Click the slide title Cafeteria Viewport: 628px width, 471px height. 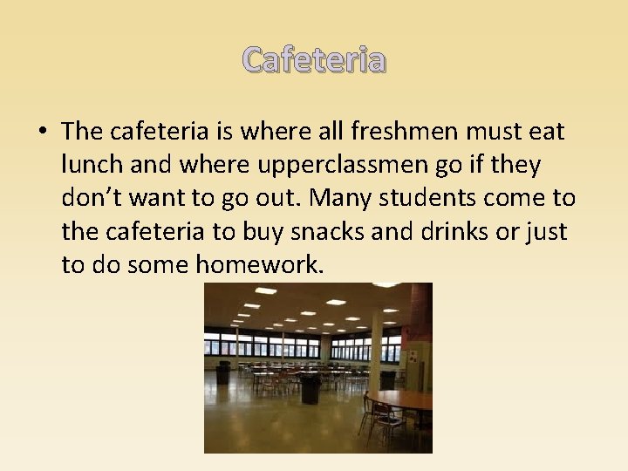[314, 60]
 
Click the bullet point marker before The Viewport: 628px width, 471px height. [42, 133]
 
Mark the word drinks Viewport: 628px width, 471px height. [460, 231]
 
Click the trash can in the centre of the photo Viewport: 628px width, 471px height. [310, 388]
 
